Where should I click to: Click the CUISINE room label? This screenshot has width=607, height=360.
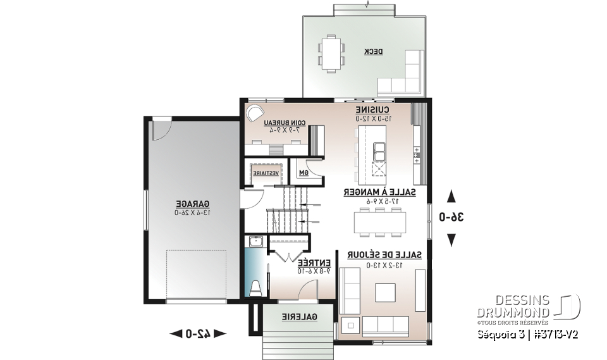tap(372, 110)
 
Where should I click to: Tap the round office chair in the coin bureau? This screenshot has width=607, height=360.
tap(254, 113)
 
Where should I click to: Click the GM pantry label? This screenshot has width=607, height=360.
tap(302, 172)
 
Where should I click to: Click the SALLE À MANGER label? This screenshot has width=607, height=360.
tap(379, 192)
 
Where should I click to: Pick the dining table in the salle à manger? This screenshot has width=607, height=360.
tap(379, 221)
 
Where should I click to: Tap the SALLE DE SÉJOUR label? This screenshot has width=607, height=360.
tap(384, 254)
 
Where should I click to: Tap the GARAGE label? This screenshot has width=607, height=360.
tap(192, 204)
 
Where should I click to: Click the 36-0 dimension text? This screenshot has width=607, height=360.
tap(451, 217)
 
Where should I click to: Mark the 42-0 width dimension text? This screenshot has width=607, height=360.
tap(198, 333)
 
